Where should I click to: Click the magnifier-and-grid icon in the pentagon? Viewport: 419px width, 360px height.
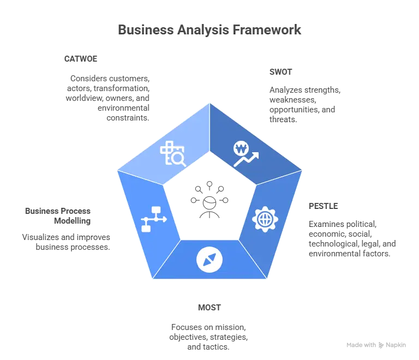point(173,153)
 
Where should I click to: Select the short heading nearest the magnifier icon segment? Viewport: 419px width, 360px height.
point(82,58)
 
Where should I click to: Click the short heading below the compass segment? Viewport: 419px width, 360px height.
point(209,309)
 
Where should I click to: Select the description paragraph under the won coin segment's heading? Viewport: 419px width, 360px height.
point(302,103)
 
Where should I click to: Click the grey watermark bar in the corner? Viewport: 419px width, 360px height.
point(375,345)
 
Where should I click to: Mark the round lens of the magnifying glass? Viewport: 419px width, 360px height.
point(178,158)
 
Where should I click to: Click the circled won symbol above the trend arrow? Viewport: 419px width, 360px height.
point(241,148)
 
